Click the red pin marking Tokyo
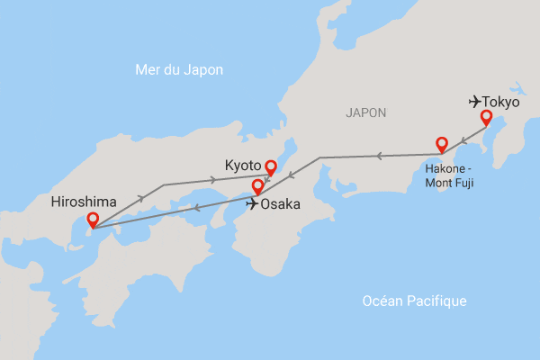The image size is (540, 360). pyautogui.click(x=486, y=117)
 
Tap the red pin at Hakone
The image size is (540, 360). pyautogui.click(x=442, y=144)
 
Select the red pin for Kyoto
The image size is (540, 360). pyautogui.click(x=270, y=166)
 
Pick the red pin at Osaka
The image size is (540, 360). pyautogui.click(x=258, y=187)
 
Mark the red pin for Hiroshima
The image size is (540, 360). pyautogui.click(x=92, y=219)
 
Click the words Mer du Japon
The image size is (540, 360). pyautogui.click(x=178, y=70)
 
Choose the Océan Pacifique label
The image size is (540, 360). pyautogui.click(x=414, y=301)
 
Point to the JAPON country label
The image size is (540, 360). pyautogui.click(x=365, y=112)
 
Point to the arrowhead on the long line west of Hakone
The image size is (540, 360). pyautogui.click(x=379, y=156)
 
